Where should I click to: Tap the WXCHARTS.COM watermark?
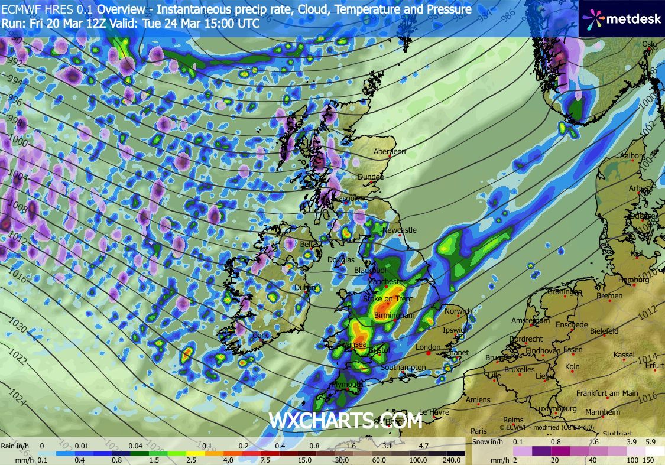coord(346,421)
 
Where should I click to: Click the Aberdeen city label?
coord(389,152)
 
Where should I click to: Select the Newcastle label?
coord(400,230)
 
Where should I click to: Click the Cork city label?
coord(260,335)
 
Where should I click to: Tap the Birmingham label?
coord(394,316)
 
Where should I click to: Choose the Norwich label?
coord(458,311)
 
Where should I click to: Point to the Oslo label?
coord(650,44)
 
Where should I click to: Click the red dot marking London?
coord(429,353)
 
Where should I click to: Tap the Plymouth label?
coord(346,384)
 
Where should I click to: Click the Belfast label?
coord(312,244)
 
